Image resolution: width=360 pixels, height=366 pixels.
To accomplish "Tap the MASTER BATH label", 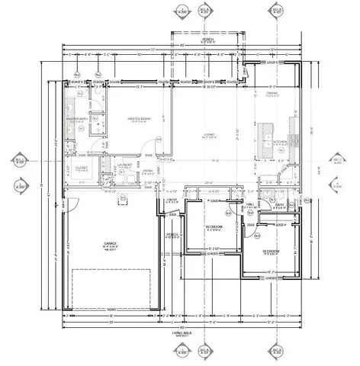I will (x=78, y=119).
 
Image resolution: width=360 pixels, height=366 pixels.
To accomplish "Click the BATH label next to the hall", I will (x=279, y=204).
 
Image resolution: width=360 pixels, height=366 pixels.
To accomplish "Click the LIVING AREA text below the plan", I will (x=180, y=333).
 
